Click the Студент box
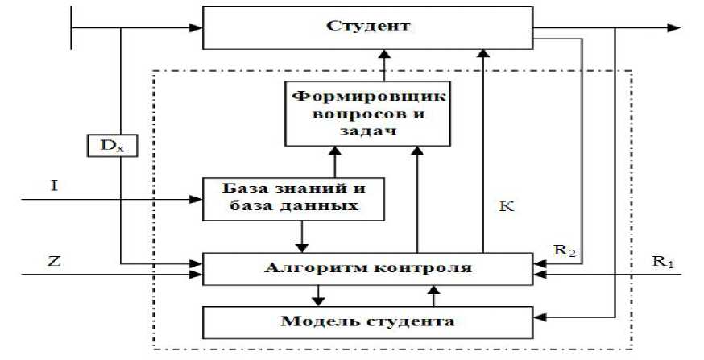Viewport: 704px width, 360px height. coord(367,27)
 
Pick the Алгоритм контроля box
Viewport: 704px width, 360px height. coord(367,267)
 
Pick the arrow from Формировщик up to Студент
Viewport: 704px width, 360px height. coord(383,64)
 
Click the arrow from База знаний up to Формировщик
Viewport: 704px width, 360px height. coord(333,161)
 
